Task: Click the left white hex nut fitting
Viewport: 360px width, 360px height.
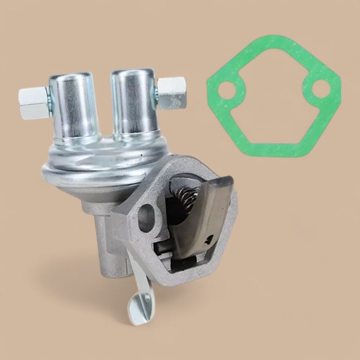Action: [32, 96]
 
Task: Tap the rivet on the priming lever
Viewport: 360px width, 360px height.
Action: [148, 298]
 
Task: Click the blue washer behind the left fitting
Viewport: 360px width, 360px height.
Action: [47, 96]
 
